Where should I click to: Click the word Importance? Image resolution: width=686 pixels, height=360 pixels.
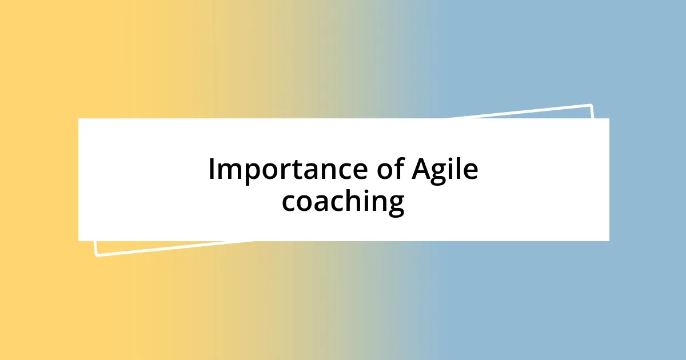click(286, 170)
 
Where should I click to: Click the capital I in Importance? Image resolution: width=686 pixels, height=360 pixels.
click(212, 170)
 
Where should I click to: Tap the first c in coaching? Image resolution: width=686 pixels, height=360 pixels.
click(289, 203)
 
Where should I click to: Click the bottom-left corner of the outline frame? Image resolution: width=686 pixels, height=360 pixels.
click(96, 255)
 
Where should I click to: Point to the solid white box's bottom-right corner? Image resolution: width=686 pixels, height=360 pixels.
click(609, 241)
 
